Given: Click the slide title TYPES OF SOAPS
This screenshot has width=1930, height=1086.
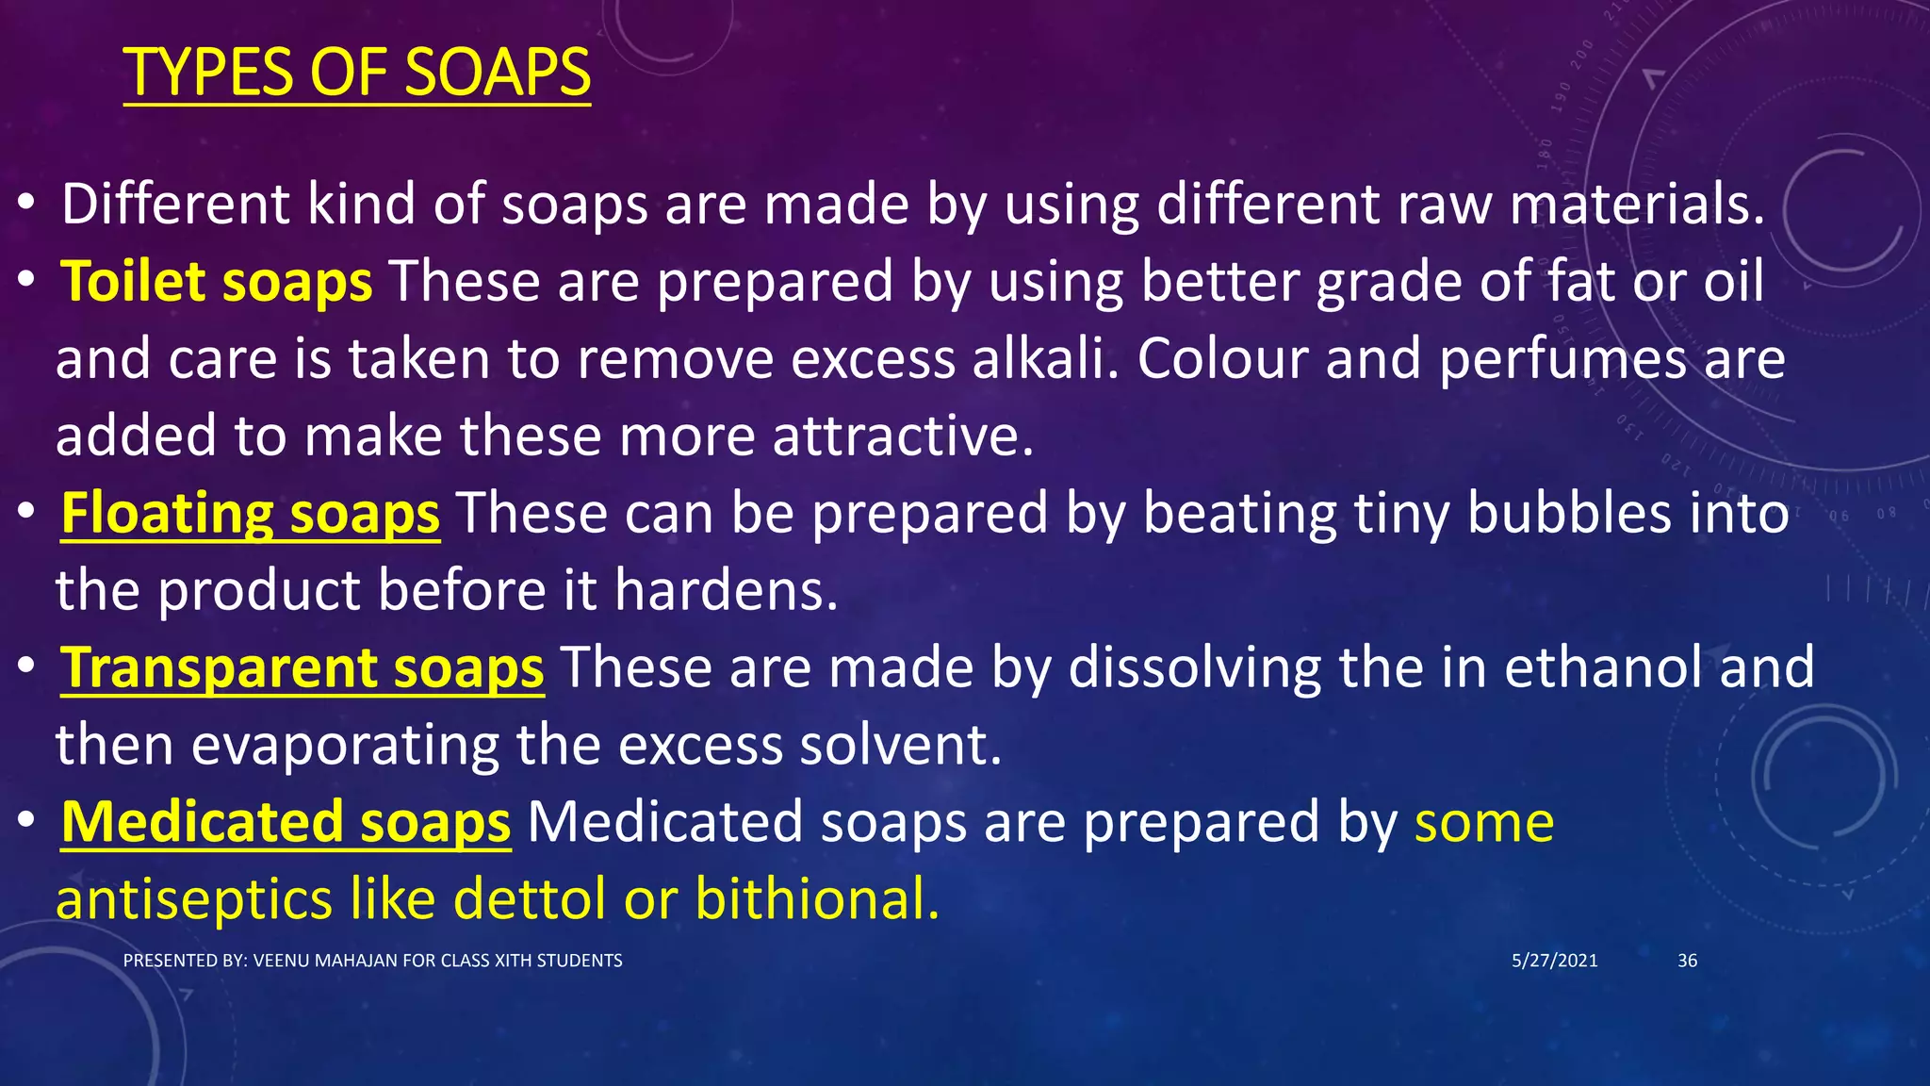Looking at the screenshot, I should [x=356, y=73].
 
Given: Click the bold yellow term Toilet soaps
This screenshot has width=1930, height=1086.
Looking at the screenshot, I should [x=217, y=282].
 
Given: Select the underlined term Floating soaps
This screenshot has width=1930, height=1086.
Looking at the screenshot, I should [x=250, y=514].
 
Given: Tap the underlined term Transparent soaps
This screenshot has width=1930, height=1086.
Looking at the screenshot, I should [x=302, y=668].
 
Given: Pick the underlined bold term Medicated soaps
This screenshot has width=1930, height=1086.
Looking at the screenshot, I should [x=286, y=822].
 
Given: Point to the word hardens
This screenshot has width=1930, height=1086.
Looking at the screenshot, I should [x=725, y=591].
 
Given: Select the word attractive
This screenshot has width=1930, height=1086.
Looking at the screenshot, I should [x=902, y=436].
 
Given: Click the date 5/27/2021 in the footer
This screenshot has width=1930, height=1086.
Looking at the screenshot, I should [x=1554, y=961].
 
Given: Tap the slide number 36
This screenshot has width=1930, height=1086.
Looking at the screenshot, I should [x=1687, y=961].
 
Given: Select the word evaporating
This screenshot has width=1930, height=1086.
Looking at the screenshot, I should [x=345, y=747].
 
